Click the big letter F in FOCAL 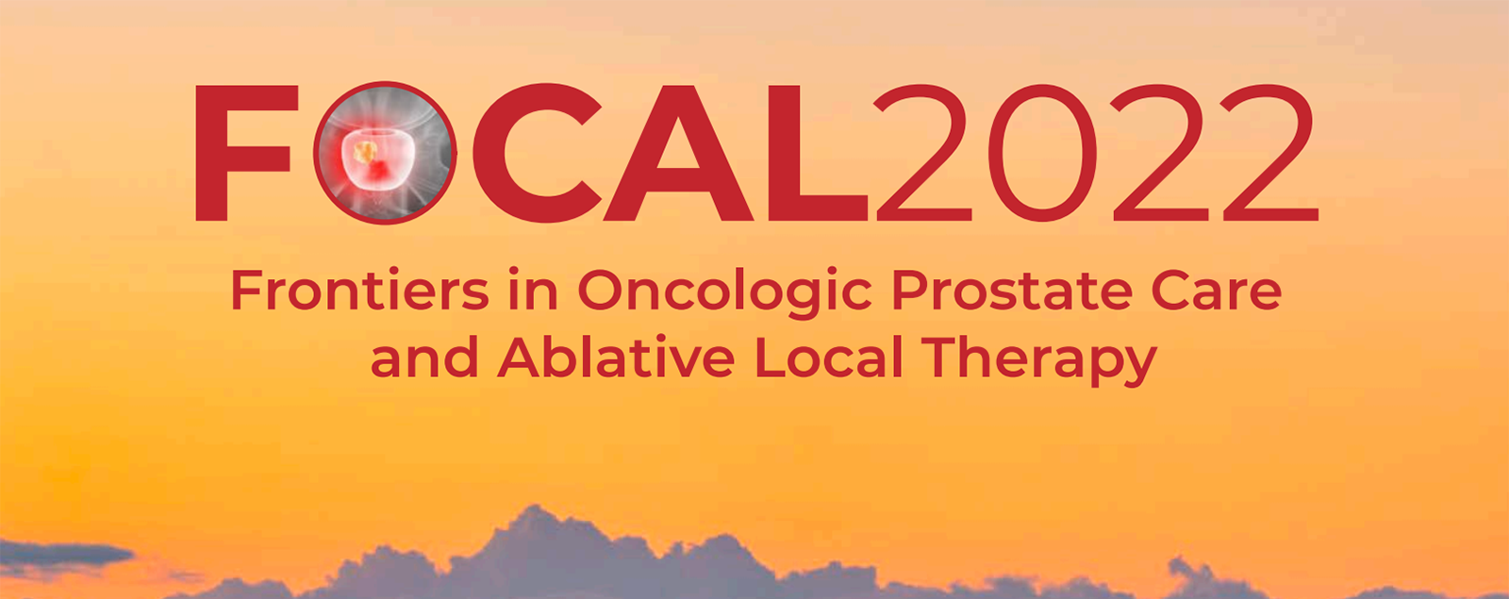click(223, 153)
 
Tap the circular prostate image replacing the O click(385, 153)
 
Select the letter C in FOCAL click(537, 153)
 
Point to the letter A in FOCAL click(677, 153)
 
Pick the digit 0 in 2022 click(1042, 153)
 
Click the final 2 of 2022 click(1269, 153)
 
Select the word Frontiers click(359, 290)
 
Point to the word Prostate click(1012, 290)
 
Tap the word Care click(1217, 291)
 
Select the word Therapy click(1039, 361)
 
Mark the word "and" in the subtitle click(424, 358)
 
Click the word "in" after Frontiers click(533, 290)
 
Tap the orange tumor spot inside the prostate click(365, 152)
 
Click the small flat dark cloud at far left click(64, 554)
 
